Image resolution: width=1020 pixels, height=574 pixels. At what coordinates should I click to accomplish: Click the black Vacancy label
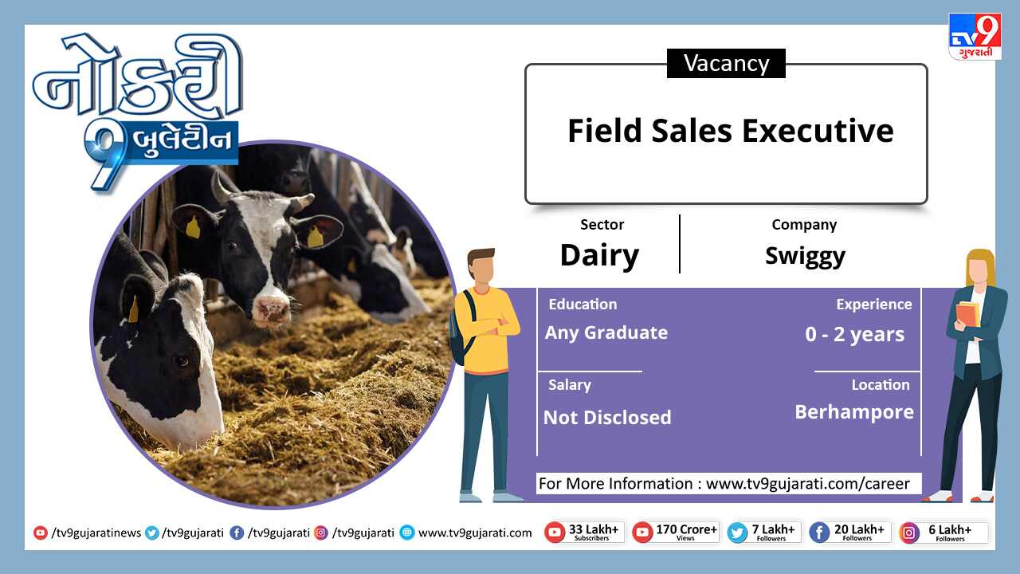726,63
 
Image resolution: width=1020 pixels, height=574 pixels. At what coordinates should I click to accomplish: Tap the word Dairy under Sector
600,256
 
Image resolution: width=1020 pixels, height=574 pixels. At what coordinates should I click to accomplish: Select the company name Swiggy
805,256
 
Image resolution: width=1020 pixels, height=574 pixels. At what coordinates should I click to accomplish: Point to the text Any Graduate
606,333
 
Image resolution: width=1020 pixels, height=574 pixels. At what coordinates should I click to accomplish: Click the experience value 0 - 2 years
854,334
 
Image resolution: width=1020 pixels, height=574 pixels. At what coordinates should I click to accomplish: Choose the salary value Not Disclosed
607,417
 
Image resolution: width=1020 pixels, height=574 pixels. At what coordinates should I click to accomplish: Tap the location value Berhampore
854,412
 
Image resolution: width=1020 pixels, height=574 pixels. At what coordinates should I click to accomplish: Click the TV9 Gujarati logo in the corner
975,37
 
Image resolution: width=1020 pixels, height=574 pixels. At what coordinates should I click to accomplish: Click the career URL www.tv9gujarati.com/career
808,483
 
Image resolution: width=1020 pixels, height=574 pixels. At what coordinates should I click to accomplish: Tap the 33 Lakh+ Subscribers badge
585,533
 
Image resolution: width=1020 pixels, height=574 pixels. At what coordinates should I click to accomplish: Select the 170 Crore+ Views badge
676,533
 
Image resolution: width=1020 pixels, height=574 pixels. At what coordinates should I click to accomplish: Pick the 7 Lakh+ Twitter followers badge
764,533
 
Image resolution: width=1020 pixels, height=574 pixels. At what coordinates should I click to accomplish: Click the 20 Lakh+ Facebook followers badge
849,533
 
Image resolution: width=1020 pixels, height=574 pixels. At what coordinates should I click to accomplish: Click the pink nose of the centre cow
272,311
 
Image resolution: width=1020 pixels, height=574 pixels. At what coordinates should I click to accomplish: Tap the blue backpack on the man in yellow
461,328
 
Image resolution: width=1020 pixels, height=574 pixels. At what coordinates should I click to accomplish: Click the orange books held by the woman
968,313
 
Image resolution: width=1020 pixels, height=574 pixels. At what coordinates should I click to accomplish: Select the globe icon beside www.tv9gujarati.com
407,533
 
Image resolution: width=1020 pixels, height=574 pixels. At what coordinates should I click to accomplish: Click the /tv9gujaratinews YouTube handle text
96,533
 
